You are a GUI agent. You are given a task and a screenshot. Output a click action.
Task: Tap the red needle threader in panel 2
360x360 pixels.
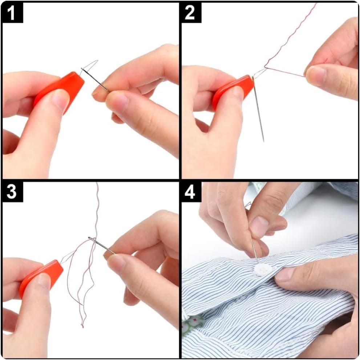(x=233, y=89)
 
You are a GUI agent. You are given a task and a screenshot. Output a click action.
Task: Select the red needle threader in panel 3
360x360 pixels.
(x=41, y=276)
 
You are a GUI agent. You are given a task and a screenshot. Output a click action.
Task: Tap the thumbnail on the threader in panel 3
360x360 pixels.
(x=44, y=281)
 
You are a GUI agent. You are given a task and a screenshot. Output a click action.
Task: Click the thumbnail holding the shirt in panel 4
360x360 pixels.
(x=285, y=274)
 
